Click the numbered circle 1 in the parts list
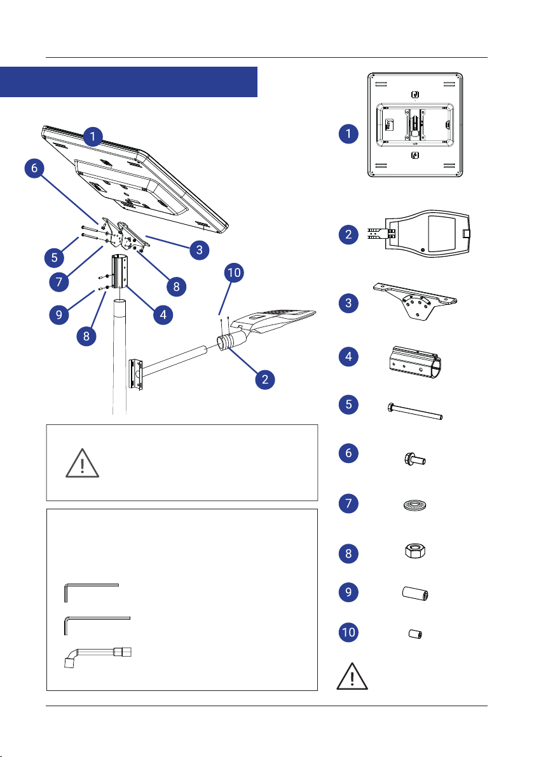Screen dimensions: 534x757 point(348,134)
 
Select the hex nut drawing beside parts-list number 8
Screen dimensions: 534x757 point(414,551)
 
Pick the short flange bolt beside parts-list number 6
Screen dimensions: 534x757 point(414,459)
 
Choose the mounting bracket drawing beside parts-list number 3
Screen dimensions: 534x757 point(415,302)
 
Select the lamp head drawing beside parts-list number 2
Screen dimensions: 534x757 point(419,234)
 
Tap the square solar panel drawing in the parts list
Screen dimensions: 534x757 point(415,125)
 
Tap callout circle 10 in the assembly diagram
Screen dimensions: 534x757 point(234,273)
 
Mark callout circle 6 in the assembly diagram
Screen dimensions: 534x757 point(34,168)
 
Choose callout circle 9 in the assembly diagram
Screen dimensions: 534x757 point(59,315)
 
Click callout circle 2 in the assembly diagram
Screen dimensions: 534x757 point(265,380)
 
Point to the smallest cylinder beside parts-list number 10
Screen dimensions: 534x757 point(416,634)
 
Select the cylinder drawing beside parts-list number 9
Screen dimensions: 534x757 point(416,593)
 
